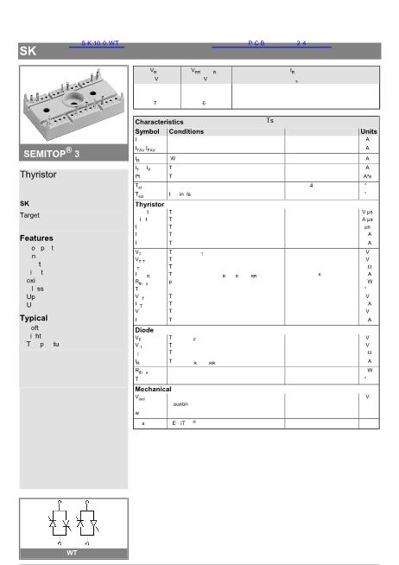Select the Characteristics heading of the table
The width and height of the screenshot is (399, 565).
159,122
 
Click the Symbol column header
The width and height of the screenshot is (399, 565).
148,131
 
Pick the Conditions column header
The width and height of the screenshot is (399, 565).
187,131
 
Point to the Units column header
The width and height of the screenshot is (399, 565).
368,131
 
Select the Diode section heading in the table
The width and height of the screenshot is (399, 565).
144,329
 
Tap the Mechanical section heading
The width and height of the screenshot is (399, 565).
154,389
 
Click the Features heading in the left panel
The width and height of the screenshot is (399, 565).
36,238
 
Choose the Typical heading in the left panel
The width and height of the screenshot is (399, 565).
34,318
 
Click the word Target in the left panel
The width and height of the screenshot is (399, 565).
29,215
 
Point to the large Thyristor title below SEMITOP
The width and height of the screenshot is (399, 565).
38,175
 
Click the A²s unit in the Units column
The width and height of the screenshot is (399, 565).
367,175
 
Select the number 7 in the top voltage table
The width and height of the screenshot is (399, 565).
155,103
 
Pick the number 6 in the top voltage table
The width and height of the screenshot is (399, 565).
204,103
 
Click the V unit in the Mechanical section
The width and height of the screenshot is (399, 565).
367,397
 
